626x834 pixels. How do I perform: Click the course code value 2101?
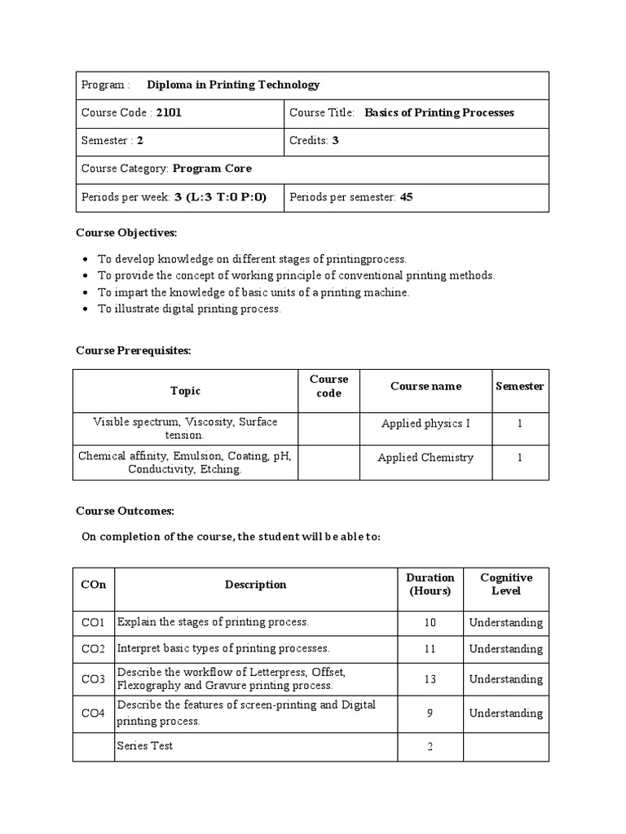pos(169,112)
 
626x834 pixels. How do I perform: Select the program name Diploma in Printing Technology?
pos(233,85)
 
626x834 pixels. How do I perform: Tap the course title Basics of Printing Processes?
pos(439,112)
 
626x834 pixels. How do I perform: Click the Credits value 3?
pos(335,140)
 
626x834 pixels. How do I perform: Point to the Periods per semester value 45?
pos(406,196)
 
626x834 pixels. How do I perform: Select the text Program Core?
pos(212,169)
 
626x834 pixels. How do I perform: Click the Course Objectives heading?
pos(126,233)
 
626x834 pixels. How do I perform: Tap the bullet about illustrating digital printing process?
pos(189,309)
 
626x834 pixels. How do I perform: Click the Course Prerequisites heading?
pos(134,350)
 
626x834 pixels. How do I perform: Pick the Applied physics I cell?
pos(425,424)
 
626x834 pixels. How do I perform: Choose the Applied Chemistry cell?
pos(425,458)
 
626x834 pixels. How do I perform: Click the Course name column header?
pos(425,387)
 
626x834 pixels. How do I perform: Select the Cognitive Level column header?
pos(506,584)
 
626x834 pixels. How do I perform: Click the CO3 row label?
pos(93,679)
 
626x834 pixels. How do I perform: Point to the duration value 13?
pos(430,679)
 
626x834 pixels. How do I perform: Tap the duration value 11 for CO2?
pos(430,649)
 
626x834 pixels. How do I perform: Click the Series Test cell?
pos(145,746)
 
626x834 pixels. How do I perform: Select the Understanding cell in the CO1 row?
pos(505,622)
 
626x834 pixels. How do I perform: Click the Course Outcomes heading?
pos(125,511)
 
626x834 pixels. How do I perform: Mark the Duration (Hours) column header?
pos(430,584)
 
